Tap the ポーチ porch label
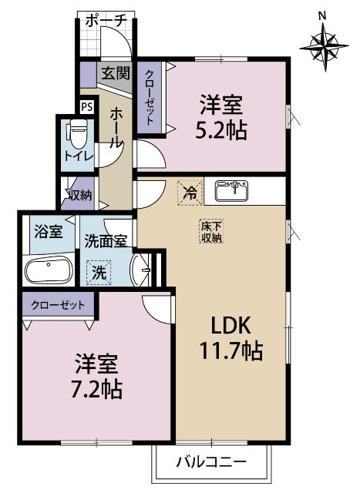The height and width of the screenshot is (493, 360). click(x=104, y=21)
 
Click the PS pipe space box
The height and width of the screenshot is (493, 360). click(x=87, y=107)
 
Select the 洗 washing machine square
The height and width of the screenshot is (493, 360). click(x=98, y=271)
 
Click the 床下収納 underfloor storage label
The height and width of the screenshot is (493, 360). click(x=211, y=232)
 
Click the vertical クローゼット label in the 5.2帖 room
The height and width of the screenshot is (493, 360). click(x=146, y=99)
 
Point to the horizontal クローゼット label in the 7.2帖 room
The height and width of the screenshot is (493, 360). click(x=59, y=304)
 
